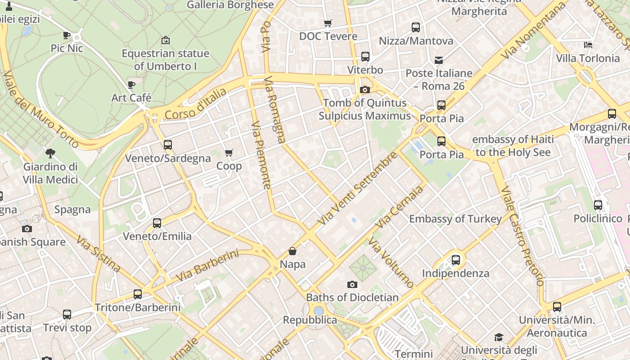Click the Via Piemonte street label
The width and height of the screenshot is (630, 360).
[261, 155]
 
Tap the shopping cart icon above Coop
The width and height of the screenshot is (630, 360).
[229, 153]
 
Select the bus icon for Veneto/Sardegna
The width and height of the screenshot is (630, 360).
[168, 145]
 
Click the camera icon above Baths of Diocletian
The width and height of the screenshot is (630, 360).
[352, 284]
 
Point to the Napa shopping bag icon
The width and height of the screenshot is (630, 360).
[292, 251]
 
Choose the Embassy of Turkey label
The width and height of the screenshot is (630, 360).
[455, 219]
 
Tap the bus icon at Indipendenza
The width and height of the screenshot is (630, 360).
[456, 260]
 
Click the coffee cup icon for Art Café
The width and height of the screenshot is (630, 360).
[131, 85]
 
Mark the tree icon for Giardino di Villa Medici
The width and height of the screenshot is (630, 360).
[50, 153]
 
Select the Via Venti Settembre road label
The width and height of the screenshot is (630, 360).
[357, 189]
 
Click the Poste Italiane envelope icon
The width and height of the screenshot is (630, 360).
[439, 60]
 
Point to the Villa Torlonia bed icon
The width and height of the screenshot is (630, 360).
[588, 45]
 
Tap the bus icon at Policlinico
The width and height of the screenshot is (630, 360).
[598, 205]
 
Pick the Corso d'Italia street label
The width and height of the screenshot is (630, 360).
[196, 104]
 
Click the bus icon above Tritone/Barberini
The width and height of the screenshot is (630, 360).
[138, 294]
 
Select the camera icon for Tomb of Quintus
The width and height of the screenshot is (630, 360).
[365, 90]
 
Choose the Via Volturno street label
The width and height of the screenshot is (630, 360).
[391, 262]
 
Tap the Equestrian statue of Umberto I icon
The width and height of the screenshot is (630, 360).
[165, 40]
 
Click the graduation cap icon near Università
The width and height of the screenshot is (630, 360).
[499, 337]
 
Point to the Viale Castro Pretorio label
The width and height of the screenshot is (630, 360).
[522, 236]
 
